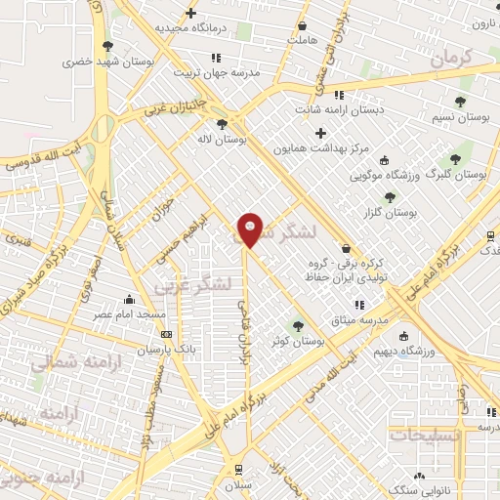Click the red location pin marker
[x=250, y=229]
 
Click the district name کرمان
[x=448, y=59]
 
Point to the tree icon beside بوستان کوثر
[x=299, y=326]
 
